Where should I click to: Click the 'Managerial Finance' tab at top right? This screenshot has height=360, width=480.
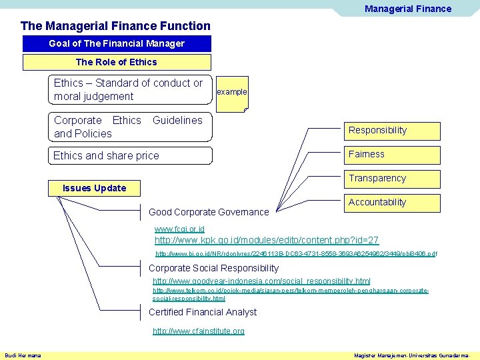(407, 9)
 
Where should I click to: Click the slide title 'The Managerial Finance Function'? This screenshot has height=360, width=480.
(115, 26)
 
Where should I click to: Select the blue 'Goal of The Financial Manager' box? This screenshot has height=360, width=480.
(117, 43)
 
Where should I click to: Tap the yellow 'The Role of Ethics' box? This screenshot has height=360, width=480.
(117, 62)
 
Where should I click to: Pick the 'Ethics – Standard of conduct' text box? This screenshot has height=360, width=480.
(131, 89)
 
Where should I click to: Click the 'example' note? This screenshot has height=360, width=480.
(232, 92)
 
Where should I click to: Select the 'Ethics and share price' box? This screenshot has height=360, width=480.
(131, 155)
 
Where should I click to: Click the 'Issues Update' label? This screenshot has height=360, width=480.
(94, 188)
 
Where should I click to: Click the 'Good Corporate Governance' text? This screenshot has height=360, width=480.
(209, 212)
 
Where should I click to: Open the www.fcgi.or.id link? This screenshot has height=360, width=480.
(179, 229)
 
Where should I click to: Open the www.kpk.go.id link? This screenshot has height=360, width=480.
(267, 240)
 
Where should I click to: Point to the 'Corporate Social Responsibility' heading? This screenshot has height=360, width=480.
(213, 268)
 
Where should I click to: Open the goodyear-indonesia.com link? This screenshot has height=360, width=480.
(261, 281)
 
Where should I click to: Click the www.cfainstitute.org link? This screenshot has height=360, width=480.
(199, 331)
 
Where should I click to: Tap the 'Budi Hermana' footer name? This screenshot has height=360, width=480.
(23, 355)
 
